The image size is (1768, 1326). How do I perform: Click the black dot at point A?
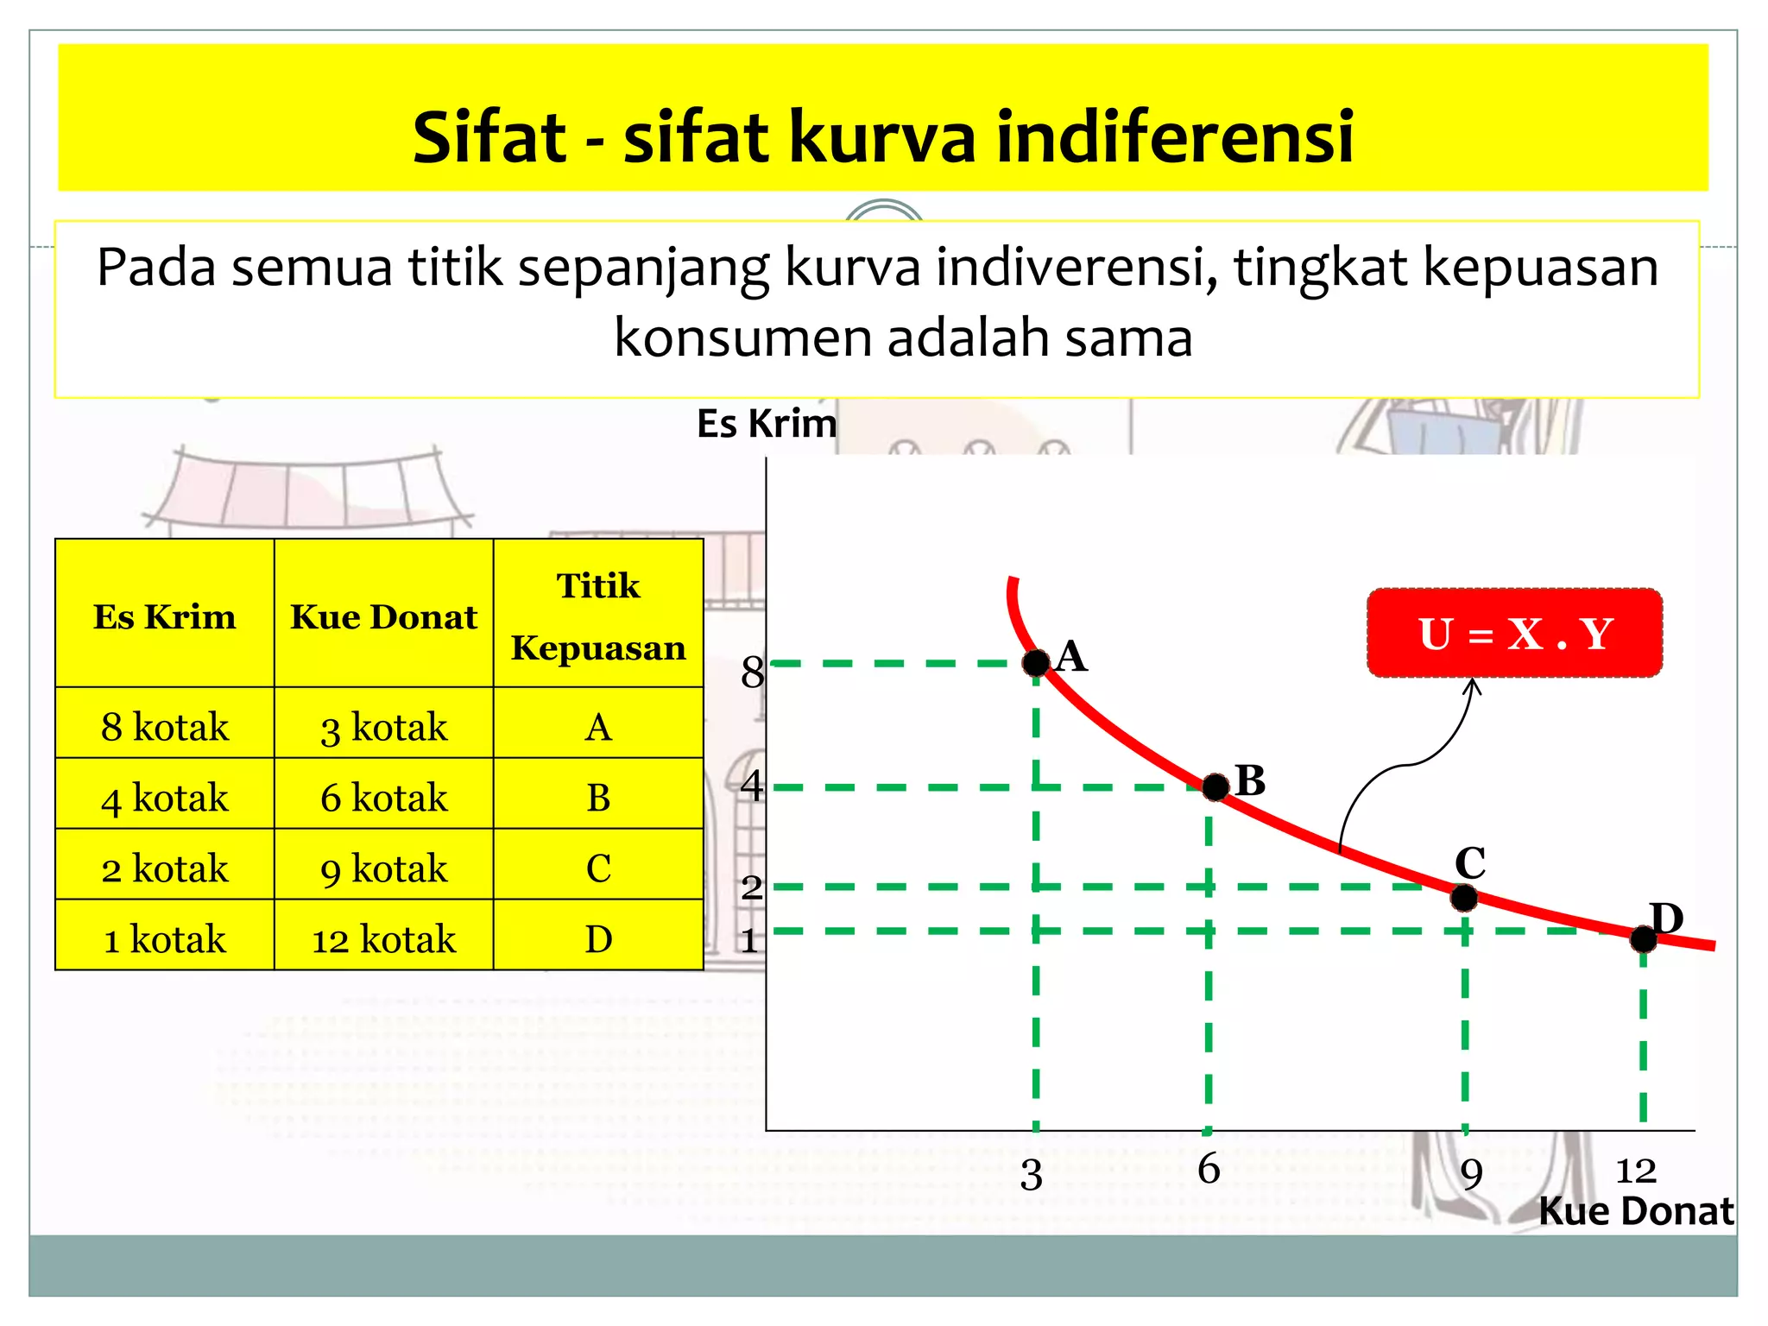pos(1036,663)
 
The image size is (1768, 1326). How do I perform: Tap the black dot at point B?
pos(1215,786)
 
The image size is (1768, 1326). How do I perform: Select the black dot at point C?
pos(1464,898)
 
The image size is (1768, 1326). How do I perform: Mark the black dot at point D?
pos(1644,939)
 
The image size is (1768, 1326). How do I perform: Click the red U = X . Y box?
pos(1515,634)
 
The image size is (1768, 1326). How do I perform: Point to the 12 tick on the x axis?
pos(1636,1171)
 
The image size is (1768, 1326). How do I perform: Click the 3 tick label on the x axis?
pos(1032,1175)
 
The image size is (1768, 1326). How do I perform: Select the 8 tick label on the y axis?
pos(752,672)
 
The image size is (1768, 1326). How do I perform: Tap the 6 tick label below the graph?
pos(1209,1169)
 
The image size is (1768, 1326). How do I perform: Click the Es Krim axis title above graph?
pos(767,424)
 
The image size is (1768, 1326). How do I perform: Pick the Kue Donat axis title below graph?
pos(1636,1211)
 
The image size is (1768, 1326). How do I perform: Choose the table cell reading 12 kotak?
pos(384,938)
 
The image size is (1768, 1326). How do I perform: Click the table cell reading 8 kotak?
pos(165,726)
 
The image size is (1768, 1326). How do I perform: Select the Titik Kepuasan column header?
pos(598,616)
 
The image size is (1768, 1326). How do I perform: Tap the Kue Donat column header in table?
pos(384,616)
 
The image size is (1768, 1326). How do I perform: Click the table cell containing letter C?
pos(598,868)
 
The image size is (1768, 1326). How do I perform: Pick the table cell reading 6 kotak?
pos(384,797)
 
